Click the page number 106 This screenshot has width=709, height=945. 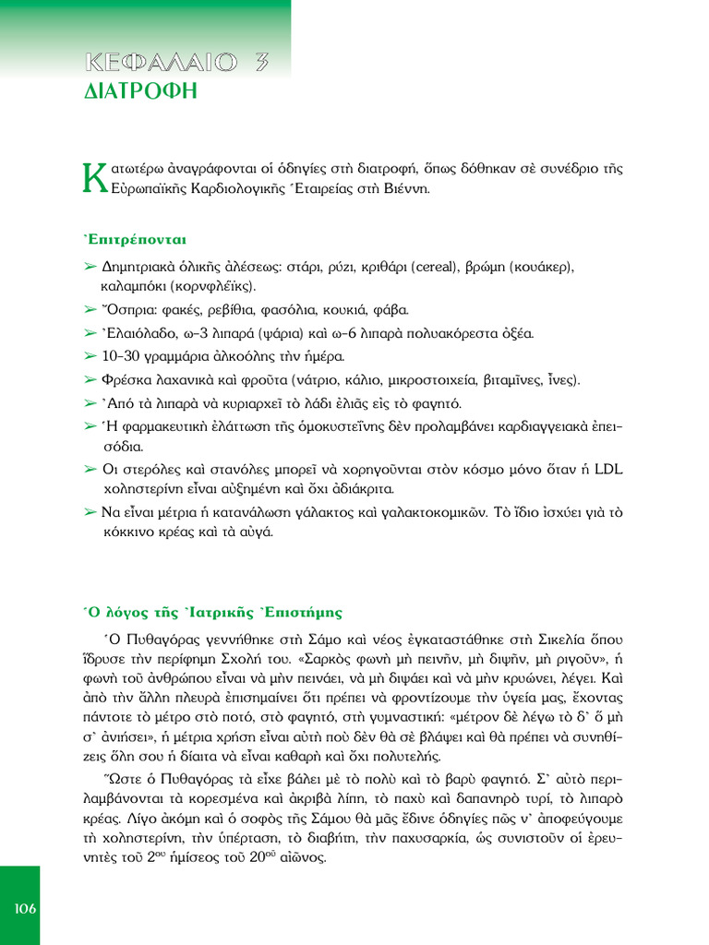point(25,909)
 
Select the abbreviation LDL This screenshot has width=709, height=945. point(607,470)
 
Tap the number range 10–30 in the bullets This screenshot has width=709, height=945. point(121,356)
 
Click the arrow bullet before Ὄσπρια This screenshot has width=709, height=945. point(90,310)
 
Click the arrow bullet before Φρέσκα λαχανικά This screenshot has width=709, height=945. point(90,379)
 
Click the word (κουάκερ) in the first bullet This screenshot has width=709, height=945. point(536,267)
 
